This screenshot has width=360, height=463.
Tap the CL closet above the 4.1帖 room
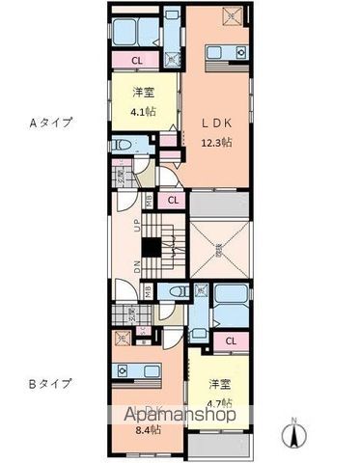click(139, 62)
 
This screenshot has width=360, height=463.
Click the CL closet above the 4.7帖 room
click(231, 340)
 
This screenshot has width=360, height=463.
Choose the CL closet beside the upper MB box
click(172, 201)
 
